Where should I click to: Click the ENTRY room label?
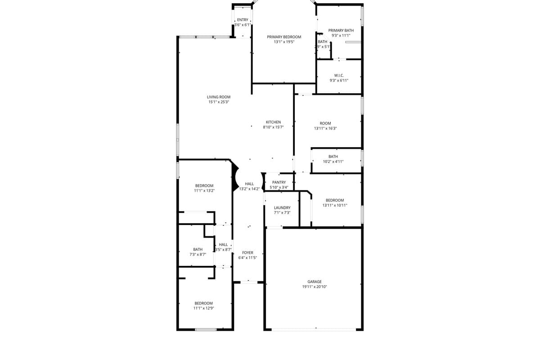coord(243,20)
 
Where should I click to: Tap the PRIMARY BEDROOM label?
coord(284,37)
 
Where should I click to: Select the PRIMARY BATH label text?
coord(341,30)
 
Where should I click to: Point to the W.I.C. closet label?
coord(339,75)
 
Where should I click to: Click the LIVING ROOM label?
coord(219,97)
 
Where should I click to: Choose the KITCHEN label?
coord(273,122)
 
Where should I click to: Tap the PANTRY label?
coord(279,182)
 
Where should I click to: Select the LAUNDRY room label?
coord(282,207)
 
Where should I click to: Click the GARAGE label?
coord(315,282)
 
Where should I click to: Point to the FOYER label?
coord(247,252)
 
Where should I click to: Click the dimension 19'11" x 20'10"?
coord(315,287)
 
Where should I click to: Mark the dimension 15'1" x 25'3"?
coord(219,102)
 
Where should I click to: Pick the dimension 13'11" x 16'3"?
coord(325,128)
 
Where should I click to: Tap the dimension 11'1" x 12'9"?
coord(203,308)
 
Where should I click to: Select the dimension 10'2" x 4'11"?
coord(333,162)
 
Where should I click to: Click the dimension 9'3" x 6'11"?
coord(339,81)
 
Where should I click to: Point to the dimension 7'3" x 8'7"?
coord(198,254)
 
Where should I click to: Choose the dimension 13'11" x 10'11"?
coord(335,205)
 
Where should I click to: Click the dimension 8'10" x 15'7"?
coord(273,127)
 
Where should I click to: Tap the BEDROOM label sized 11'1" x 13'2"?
coord(204,185)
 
